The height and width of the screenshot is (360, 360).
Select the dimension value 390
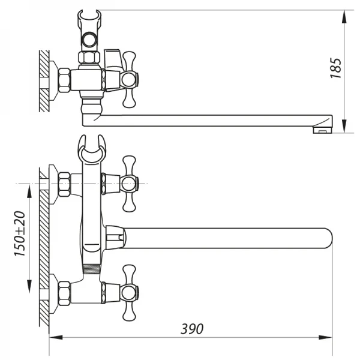click(192, 328)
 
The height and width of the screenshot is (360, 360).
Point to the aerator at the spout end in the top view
click(322, 127)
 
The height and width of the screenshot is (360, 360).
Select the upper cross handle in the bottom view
click(129, 183)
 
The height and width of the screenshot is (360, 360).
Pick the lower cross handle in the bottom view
click(129, 293)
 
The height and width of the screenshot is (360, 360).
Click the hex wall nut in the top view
click(64, 80)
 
